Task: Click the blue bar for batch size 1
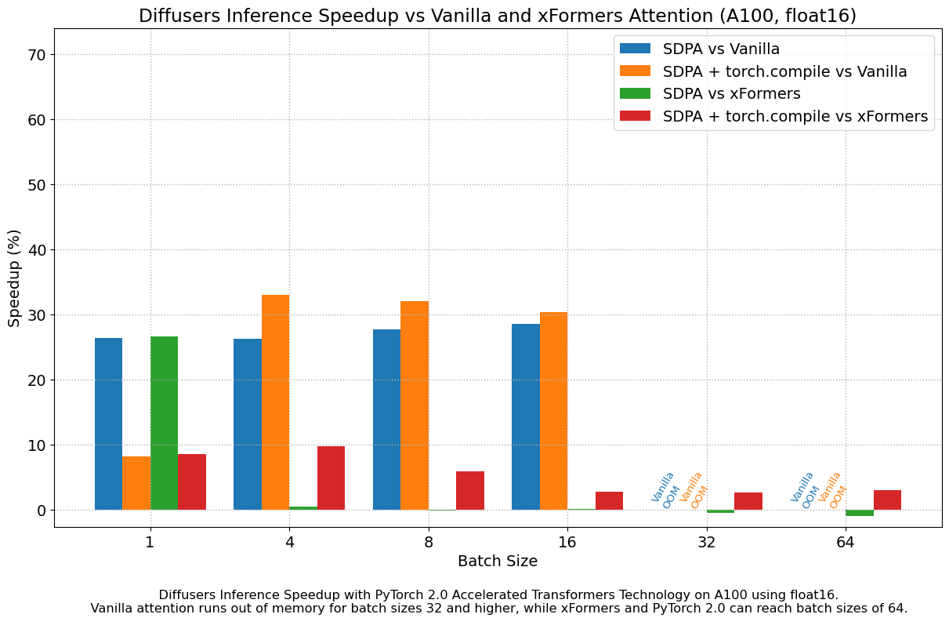108,424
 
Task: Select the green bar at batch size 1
164,423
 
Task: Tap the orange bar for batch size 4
275,402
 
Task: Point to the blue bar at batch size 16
525,417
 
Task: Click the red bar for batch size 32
748,501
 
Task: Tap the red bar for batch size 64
887,500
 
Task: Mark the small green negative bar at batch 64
859,513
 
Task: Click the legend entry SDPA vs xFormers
731,94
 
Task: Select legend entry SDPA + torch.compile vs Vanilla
784,71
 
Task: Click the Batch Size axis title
498,561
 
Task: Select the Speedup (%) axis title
14,278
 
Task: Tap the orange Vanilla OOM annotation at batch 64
835,491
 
